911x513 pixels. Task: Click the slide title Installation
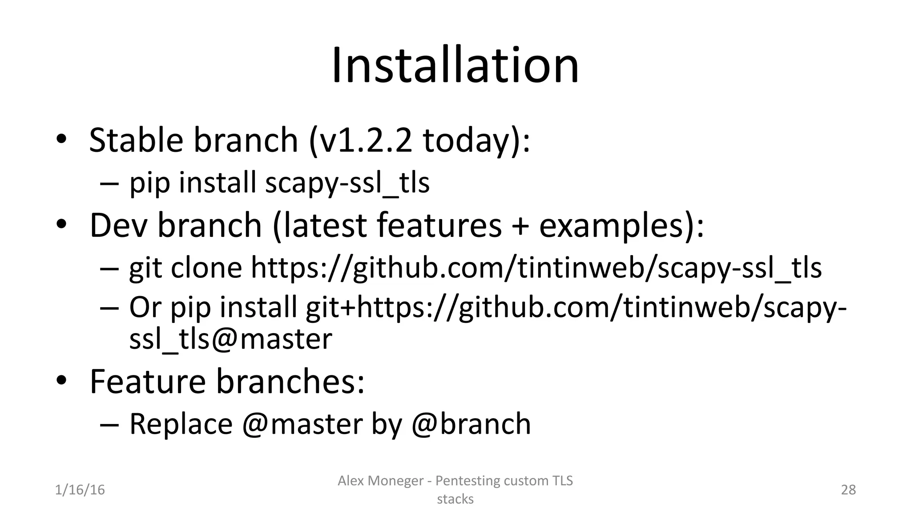[455, 66]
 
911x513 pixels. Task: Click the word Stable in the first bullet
[136, 140]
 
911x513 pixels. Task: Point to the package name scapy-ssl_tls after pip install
[347, 183]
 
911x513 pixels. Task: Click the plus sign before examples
[520, 226]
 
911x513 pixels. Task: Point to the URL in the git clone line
[536, 268]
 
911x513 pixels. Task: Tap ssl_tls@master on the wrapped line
[230, 339]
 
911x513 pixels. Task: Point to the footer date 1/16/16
[80, 490]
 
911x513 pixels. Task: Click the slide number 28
[848, 490]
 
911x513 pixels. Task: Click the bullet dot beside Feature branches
[61, 381]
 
